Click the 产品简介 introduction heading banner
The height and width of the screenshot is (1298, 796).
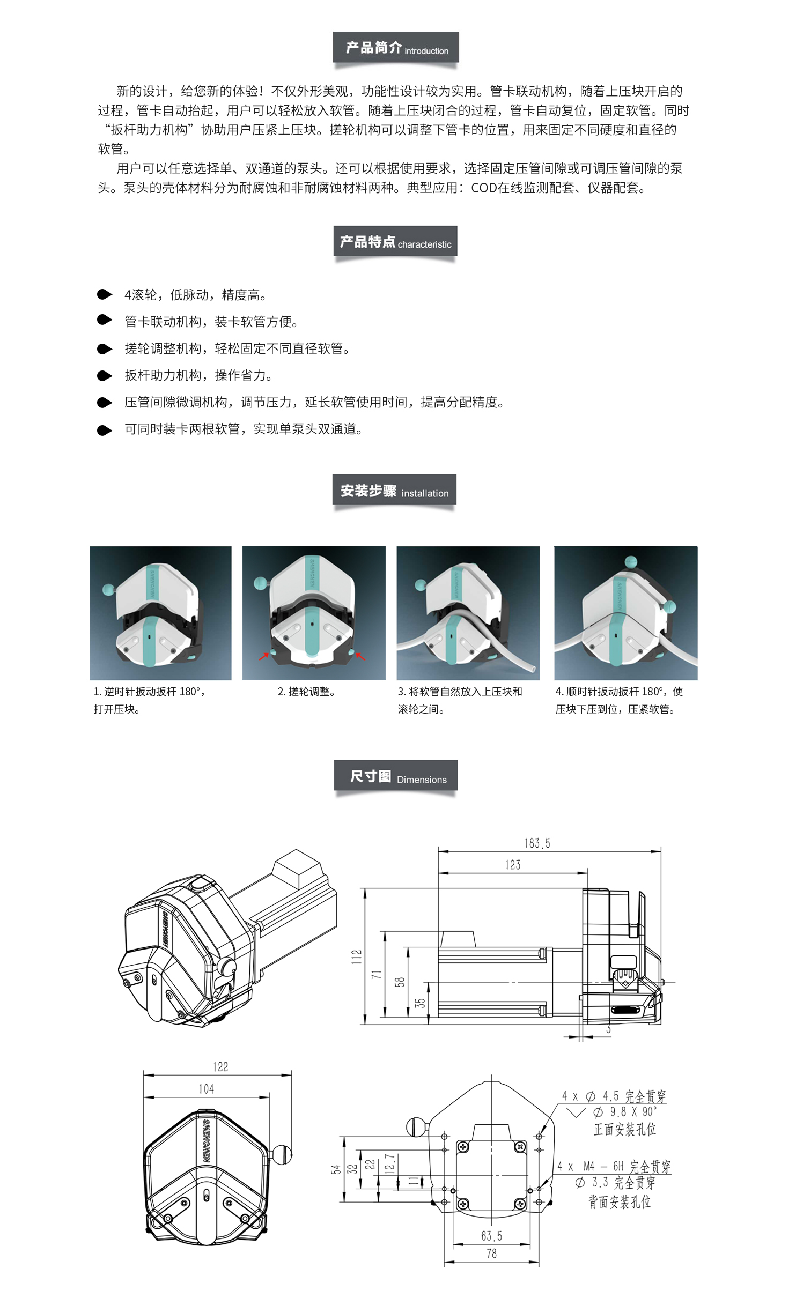[x=396, y=48]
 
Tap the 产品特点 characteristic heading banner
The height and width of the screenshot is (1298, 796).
[x=395, y=242]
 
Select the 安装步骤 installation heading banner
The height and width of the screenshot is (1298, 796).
[x=394, y=490]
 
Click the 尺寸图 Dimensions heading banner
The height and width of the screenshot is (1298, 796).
[x=396, y=776]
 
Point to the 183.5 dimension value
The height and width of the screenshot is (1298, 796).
[x=537, y=843]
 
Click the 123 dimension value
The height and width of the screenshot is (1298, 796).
[x=513, y=865]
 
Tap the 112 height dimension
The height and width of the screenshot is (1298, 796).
[x=357, y=957]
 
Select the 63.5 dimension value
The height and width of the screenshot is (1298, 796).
[x=491, y=1236]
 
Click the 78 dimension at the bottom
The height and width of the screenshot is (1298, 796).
[x=491, y=1254]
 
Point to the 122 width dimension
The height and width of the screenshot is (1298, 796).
[x=220, y=1067]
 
